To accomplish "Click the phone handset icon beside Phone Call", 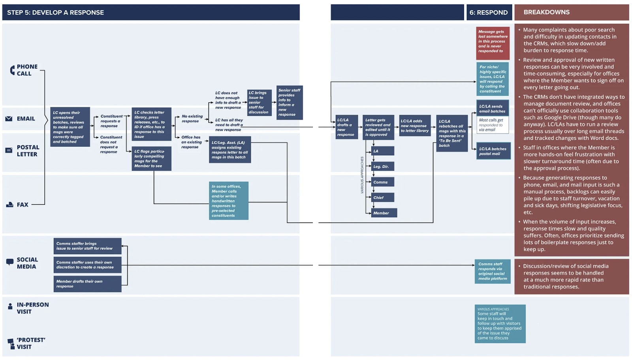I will pyautogui.click(x=12, y=70).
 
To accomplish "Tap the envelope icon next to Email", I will pyautogui.click(x=9, y=119).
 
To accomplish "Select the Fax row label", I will pyautogui.click(x=23, y=205).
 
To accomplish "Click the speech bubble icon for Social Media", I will pyautogui.click(x=10, y=262).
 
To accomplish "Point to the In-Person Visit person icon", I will pyautogui.click(x=10, y=306).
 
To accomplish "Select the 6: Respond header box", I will pyautogui.click(x=489, y=12).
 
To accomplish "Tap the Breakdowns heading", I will pyautogui.click(x=547, y=12).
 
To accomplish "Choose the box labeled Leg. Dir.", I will pyautogui.click(x=382, y=166).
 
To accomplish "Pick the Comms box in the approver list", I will pyautogui.click(x=382, y=182).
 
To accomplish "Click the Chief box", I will pyautogui.click(x=382, y=198).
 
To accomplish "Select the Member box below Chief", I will pyautogui.click(x=384, y=213).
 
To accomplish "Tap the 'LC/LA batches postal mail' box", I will pyautogui.click(x=493, y=151).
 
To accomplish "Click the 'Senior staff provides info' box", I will pyautogui.click(x=290, y=103).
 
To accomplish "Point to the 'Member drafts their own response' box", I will pyautogui.click(x=87, y=284).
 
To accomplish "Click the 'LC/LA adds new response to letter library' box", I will pyautogui.click(x=414, y=126).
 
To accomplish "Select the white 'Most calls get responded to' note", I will pyautogui.click(x=493, y=125).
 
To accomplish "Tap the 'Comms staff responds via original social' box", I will pyautogui.click(x=493, y=271).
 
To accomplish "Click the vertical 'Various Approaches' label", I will pyautogui.click(x=362, y=175).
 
